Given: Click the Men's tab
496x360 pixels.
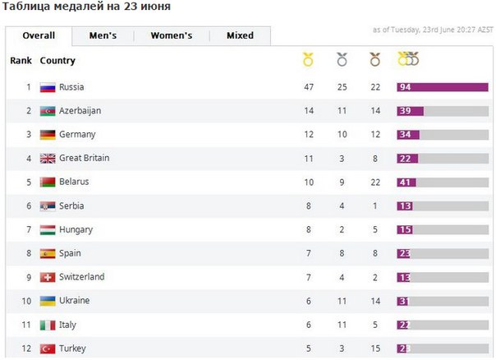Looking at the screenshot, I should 103,36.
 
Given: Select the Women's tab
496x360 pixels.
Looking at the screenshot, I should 171,36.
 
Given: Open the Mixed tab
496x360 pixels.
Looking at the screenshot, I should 240,36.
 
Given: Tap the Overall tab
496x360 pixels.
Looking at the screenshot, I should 39,36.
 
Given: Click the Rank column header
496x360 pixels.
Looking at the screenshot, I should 21,61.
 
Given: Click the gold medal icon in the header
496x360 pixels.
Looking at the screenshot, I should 308,60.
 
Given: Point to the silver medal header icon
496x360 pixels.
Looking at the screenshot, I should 342,60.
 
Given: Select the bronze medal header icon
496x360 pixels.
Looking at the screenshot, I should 374,60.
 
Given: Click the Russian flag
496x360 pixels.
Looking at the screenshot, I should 48,87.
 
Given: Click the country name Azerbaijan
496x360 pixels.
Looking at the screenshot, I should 80,111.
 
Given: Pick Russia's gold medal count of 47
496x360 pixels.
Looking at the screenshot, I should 309,87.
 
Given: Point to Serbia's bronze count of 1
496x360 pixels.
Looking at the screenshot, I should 374,206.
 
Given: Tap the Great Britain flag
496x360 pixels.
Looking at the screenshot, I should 48,159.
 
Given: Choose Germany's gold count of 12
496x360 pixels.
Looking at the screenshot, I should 309,135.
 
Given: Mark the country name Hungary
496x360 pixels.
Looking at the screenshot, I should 76,230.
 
